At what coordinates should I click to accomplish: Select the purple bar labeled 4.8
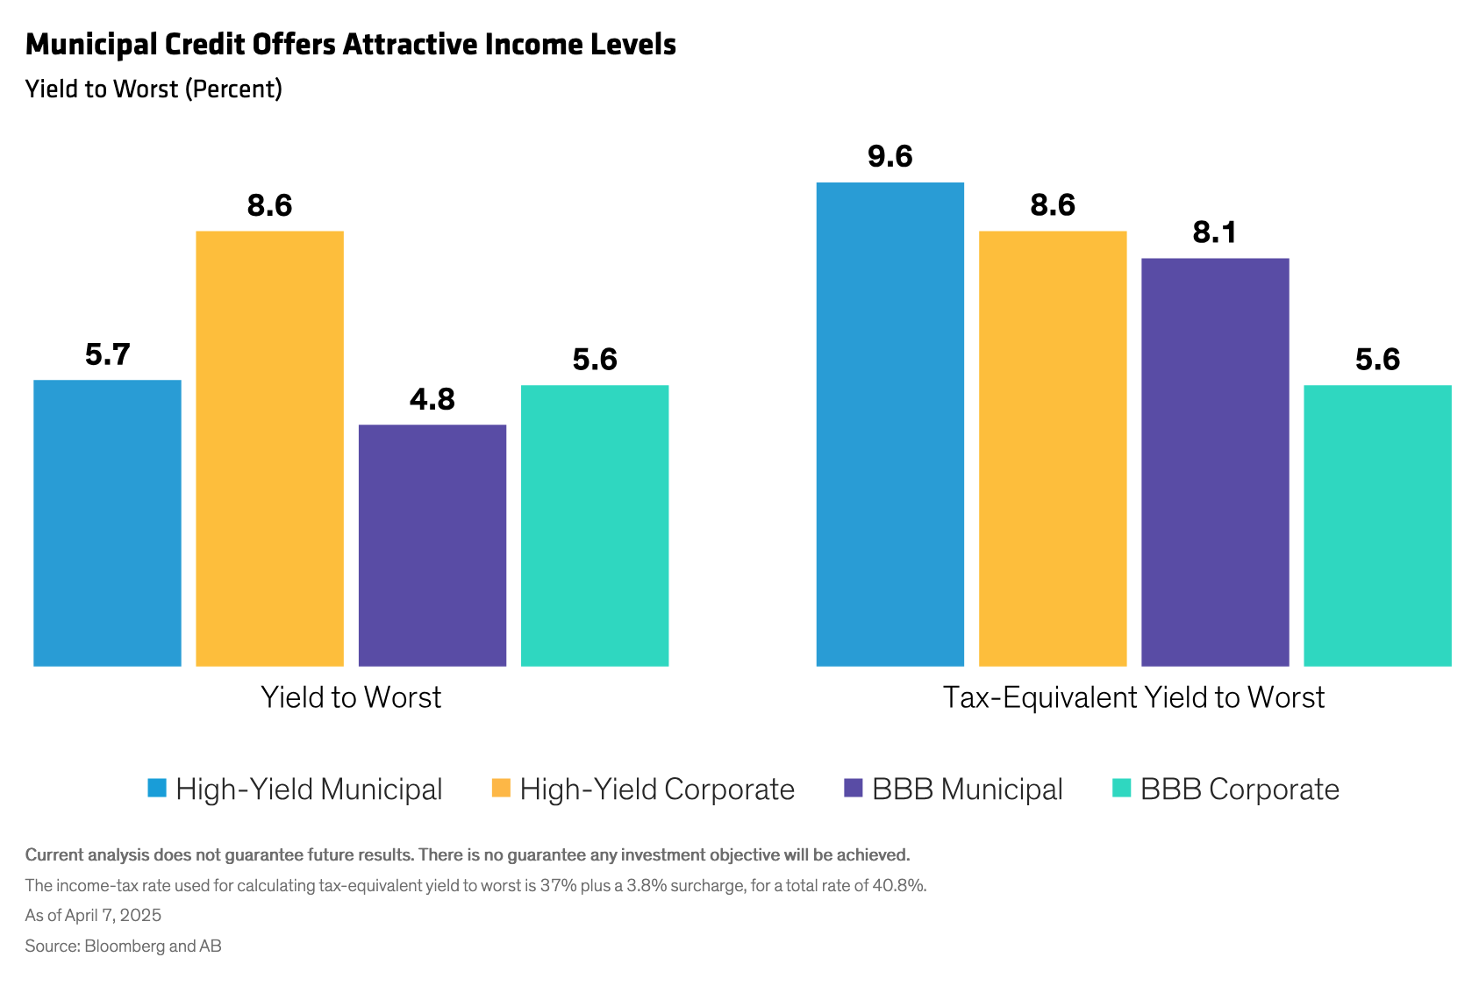coord(432,545)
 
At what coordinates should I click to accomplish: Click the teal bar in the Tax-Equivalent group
coord(1377,525)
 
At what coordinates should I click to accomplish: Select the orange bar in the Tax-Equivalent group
coord(1053,448)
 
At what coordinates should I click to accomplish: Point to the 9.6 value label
coord(890,156)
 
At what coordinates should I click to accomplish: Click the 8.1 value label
coord(1215,232)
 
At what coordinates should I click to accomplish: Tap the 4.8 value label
coord(432,399)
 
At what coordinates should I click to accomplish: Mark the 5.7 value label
coord(107,354)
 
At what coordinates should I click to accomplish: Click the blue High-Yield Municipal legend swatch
coord(157,788)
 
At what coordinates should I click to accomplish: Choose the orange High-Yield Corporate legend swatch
coord(501,788)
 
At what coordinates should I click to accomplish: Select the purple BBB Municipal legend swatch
coord(853,788)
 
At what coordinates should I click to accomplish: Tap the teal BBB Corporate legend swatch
coord(1121,788)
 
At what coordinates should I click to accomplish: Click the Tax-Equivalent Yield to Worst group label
coord(1133,697)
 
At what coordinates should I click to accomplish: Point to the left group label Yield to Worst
coord(351,697)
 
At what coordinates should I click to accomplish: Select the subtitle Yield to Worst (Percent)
coord(154,89)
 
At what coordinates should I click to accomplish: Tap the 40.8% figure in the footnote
coord(898,885)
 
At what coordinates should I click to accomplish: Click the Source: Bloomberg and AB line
coord(123,946)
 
